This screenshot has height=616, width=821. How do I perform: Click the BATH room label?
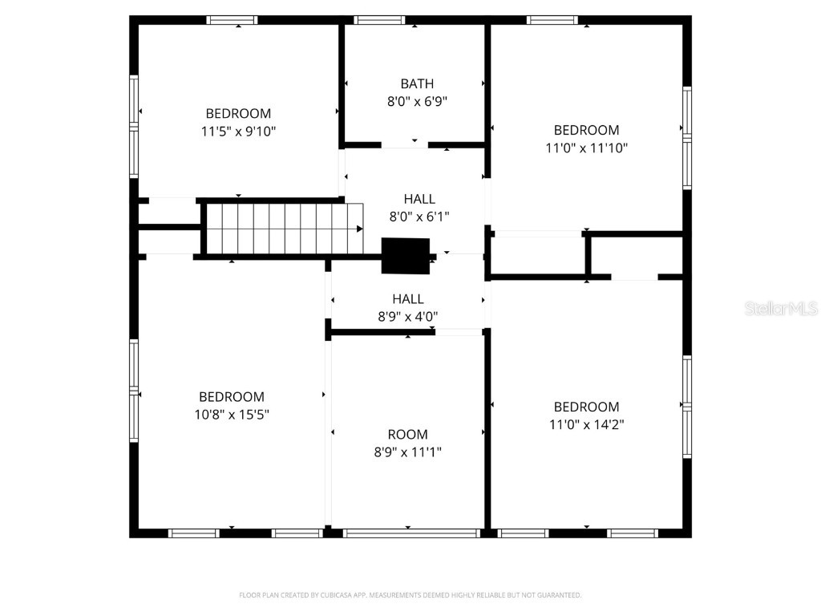pyautogui.click(x=417, y=83)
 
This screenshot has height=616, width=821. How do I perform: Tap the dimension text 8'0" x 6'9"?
pyautogui.click(x=417, y=102)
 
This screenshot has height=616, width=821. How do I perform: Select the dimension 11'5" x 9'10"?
pyautogui.click(x=238, y=132)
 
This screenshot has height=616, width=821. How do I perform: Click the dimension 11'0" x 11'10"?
pyautogui.click(x=586, y=148)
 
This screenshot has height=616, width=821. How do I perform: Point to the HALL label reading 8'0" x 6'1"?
pyautogui.click(x=419, y=199)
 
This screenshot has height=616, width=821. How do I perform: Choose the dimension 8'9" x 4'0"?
pyautogui.click(x=408, y=317)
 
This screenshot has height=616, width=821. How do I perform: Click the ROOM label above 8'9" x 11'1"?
pyautogui.click(x=408, y=435)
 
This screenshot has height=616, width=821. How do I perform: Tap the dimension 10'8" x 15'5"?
pyautogui.click(x=232, y=415)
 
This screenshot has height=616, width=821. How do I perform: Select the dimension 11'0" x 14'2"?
pyautogui.click(x=586, y=424)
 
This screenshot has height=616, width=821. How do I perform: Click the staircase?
pyautogui.click(x=281, y=229)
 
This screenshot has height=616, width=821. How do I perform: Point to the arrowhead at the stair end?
pyautogui.click(x=359, y=229)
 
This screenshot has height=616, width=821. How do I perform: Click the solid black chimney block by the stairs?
pyautogui.click(x=406, y=256)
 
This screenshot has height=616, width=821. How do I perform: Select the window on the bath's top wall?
pyautogui.click(x=379, y=20)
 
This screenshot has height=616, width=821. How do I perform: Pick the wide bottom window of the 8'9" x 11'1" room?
pyautogui.click(x=411, y=533)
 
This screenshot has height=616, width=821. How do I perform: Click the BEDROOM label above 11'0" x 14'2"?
pyautogui.click(x=586, y=407)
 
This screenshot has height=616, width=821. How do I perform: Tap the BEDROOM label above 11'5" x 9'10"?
pyautogui.click(x=238, y=114)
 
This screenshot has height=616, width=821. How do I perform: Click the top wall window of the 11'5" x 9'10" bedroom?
pyautogui.click(x=232, y=20)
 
